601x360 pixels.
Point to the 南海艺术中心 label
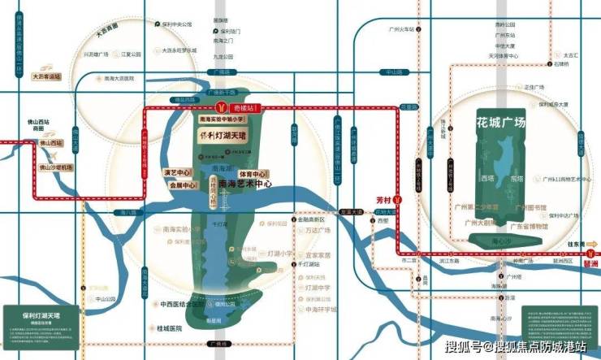[244, 184]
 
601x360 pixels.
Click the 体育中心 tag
[253, 174]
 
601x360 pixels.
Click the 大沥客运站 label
[46, 78]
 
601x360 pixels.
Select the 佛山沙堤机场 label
[56, 167]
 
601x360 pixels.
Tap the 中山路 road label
[394, 72]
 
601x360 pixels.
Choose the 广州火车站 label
[401, 29]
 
